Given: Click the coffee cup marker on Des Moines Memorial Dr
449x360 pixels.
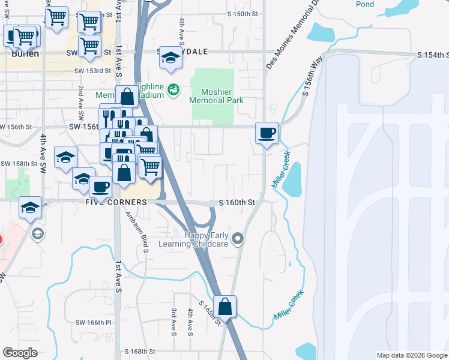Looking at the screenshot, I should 266,133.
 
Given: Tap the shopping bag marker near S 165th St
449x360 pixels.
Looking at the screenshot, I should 224,307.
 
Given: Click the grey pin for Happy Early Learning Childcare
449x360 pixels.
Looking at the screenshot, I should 238,239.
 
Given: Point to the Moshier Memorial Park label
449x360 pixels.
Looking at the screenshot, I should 215,97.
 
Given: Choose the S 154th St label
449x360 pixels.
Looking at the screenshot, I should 433,55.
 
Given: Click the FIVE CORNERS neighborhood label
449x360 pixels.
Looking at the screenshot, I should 116,203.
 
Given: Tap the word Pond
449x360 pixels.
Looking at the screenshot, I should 364,4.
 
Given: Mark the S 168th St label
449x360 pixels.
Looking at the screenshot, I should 140,352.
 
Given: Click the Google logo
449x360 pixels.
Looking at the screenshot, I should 20,353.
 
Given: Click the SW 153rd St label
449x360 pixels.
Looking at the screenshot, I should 93,70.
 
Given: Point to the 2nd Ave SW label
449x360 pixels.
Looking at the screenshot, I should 80,98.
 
